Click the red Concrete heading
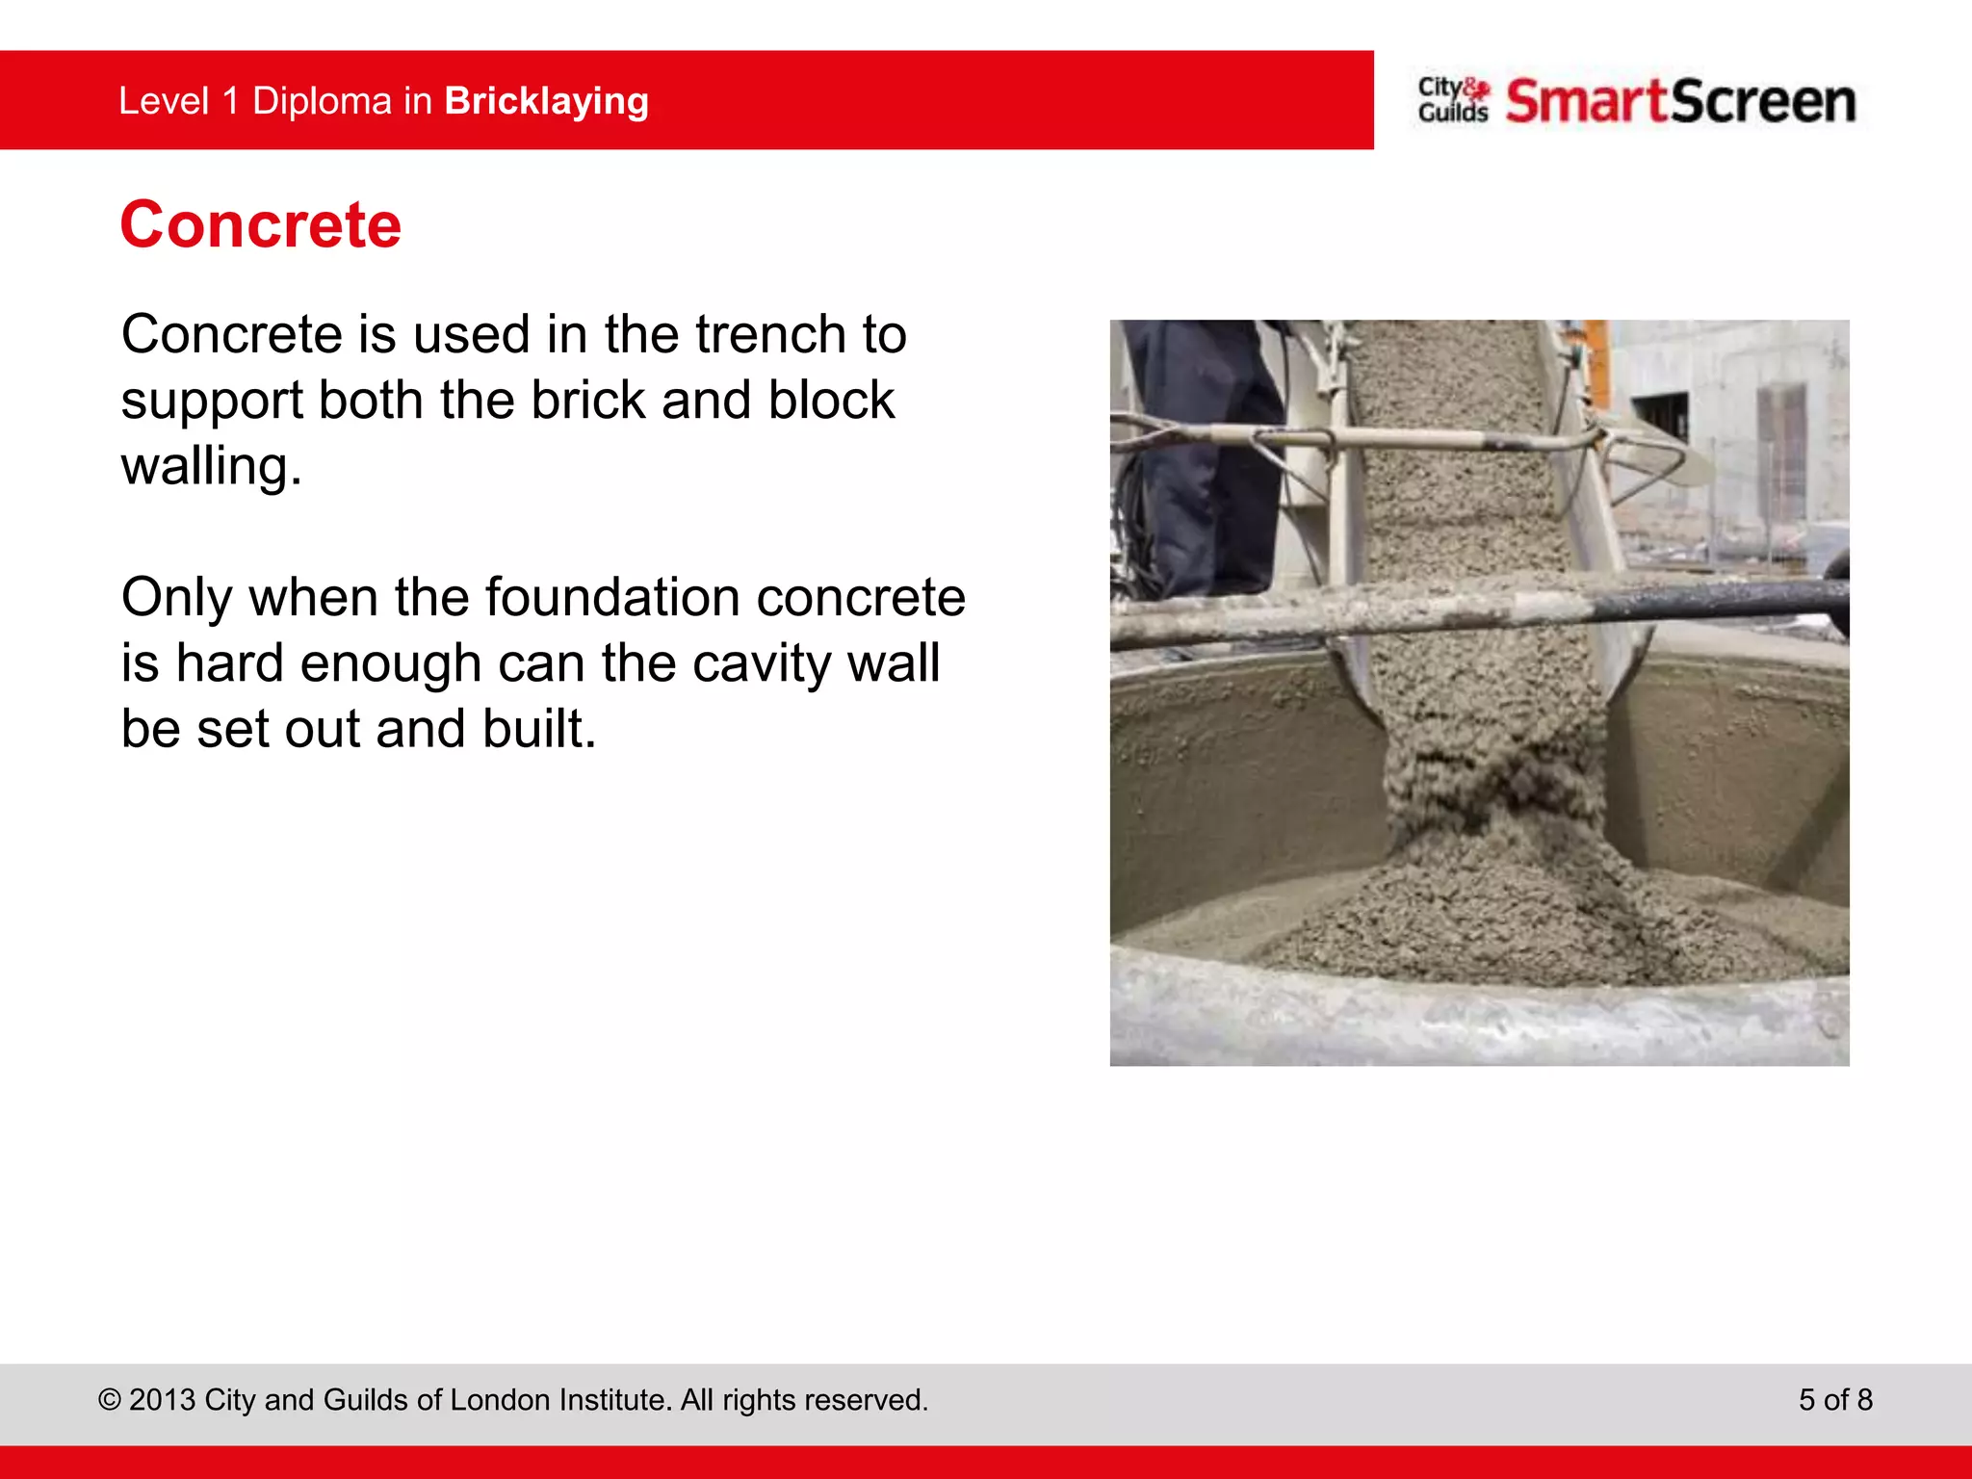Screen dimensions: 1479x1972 tap(260, 224)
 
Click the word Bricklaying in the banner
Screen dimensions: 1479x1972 tap(546, 101)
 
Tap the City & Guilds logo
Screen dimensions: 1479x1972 tap(1452, 100)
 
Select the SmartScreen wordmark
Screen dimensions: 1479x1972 tap(1680, 101)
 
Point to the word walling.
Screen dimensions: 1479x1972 tap(211, 466)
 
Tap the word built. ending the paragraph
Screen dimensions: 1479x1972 tap(539, 729)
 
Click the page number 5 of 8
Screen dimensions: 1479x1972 tap(1835, 1399)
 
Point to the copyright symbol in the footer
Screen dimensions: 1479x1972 tap(110, 1400)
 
